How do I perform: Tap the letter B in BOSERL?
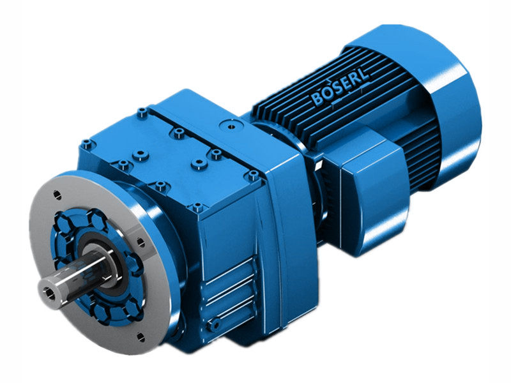point(317,99)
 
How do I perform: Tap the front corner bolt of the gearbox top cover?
point(197,207)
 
